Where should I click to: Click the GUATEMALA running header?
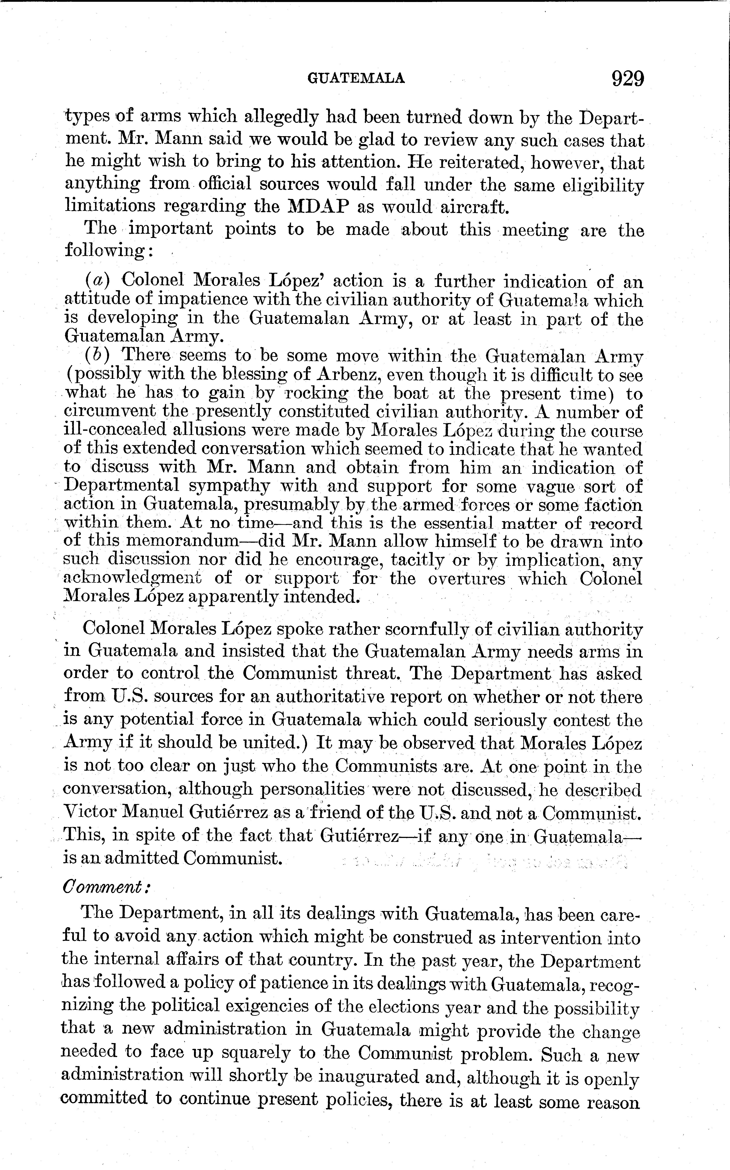[356, 78]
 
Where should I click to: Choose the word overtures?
[466, 578]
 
